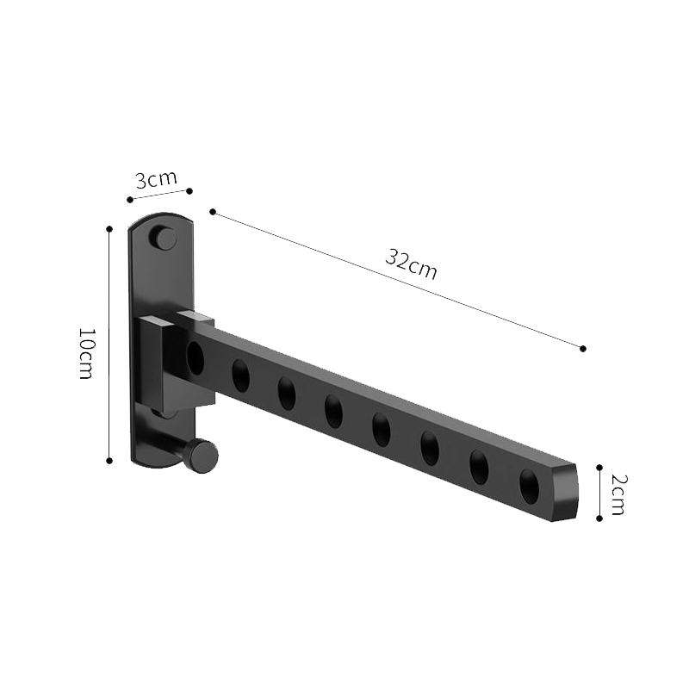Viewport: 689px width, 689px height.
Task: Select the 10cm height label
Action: coord(86,355)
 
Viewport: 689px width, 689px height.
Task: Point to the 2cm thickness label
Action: coord(617,493)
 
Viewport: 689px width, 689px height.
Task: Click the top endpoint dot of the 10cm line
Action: coord(109,228)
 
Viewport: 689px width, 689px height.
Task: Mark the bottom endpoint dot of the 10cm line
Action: coord(109,460)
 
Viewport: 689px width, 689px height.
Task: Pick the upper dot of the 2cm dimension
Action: coord(599,466)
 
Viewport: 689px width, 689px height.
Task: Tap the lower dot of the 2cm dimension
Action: coord(599,518)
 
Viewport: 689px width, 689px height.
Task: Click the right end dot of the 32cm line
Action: coord(583,348)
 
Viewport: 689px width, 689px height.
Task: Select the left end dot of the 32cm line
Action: coord(213,212)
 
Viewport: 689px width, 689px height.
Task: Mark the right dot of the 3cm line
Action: coord(189,190)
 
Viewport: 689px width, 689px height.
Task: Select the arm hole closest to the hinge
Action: coord(196,357)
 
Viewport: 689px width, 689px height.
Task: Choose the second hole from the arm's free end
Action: coord(479,467)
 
